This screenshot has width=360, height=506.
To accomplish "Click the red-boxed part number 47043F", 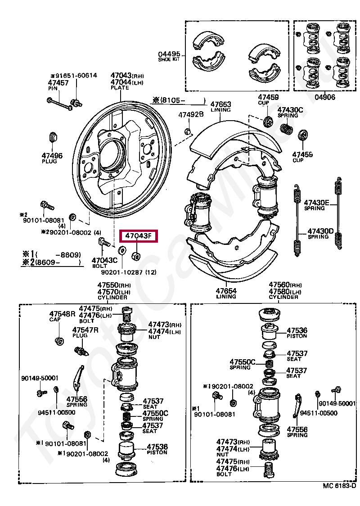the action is click(139, 236).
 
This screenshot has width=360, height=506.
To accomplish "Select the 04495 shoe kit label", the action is click(169, 56).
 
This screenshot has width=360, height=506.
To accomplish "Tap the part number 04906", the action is click(325, 97).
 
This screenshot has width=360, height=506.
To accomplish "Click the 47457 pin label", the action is click(58, 86).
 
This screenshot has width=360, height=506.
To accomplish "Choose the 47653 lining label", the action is click(220, 107).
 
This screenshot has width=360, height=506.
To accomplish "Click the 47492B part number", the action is click(191, 114).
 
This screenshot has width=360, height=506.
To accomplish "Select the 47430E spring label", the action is click(316, 205).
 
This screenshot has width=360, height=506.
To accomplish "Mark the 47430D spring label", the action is click(320, 234).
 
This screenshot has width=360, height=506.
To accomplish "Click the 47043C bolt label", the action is click(104, 263).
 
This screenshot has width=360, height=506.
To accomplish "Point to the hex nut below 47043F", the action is click(136, 256).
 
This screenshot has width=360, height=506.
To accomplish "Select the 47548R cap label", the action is click(62, 316).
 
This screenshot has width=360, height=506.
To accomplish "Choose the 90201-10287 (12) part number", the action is click(129, 272).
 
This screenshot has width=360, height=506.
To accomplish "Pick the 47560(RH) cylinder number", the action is click(285, 285).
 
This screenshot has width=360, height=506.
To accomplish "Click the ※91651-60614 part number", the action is click(73, 75).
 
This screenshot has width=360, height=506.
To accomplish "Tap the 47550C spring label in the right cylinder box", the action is click(242, 364).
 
